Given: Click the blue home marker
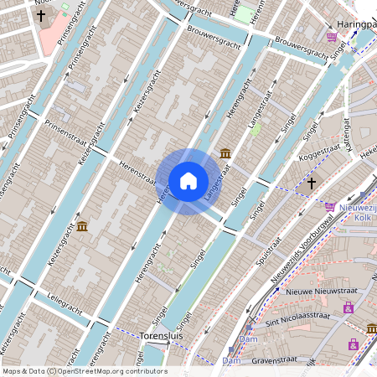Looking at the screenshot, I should click(x=188, y=179).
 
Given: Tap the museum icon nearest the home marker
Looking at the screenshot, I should click(x=225, y=153).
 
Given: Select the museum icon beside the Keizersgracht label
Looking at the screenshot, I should click(x=82, y=225).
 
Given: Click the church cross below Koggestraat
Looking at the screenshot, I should click(x=312, y=182).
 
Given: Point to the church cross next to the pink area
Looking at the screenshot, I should click(x=40, y=15).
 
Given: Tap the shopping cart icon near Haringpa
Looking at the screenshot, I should click(x=333, y=37).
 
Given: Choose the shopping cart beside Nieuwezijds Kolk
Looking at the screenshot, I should click(x=330, y=206).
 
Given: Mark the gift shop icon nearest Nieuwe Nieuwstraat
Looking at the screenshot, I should click(x=348, y=307).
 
